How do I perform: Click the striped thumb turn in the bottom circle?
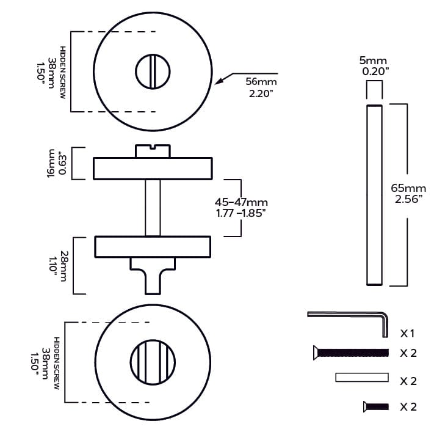pos(152,363)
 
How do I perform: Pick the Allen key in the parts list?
pos(351,319)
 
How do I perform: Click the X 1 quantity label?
pos(408,334)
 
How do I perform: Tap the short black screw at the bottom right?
pos(375,406)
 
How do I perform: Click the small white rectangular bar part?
pos(361,378)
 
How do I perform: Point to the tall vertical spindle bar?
pos(374,195)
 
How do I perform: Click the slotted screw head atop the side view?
pos(153,151)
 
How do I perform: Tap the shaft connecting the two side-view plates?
pos(153,208)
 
